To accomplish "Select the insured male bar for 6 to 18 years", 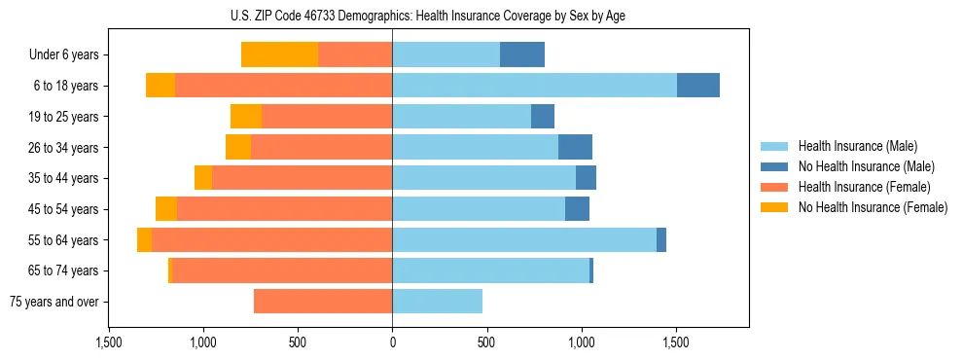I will (x=534, y=86).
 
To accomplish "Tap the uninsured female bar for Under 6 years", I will (x=279, y=54).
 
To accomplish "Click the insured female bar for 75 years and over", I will (x=323, y=302).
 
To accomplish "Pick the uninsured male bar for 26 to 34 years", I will (x=575, y=147).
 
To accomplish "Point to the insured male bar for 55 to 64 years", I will (x=524, y=239).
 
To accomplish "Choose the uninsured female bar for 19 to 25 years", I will (x=246, y=117).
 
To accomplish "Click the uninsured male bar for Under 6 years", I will (x=522, y=54).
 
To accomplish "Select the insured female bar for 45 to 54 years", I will (x=284, y=209).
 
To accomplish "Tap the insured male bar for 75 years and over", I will (x=437, y=302).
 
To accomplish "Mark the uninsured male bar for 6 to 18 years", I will (x=698, y=86).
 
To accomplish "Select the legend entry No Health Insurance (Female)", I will (x=873, y=207).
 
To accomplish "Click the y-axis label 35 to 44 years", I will (x=64, y=178).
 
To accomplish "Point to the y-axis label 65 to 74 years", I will (x=64, y=270).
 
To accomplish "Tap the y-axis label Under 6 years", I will (x=63, y=54).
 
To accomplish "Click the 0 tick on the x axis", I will (x=392, y=343).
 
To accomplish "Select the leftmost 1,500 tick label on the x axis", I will (x=109, y=343).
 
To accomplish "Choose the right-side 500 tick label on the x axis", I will (x=486, y=343).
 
